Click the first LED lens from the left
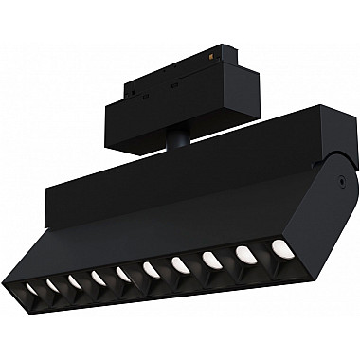(x=31, y=285)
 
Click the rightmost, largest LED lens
(x=280, y=247)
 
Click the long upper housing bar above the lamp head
(x=171, y=175)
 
